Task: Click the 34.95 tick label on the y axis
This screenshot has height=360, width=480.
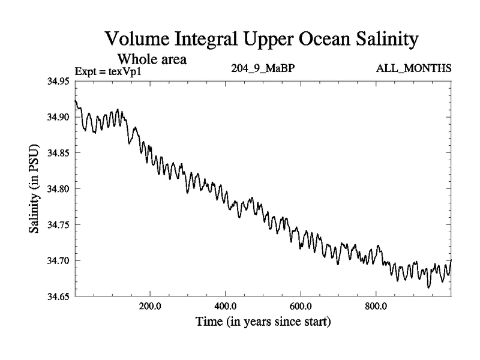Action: point(59,82)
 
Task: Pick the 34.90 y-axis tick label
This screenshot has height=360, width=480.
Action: point(59,118)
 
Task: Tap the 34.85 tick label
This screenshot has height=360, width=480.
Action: point(59,154)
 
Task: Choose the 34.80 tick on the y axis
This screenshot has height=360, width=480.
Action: point(59,189)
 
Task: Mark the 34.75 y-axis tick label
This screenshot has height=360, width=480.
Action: point(59,225)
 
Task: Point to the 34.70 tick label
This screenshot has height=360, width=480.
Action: point(59,261)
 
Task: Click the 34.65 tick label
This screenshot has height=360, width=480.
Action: point(59,296)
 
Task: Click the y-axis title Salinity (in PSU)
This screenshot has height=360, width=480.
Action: point(35,189)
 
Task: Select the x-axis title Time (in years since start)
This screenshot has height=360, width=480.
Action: point(263,322)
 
